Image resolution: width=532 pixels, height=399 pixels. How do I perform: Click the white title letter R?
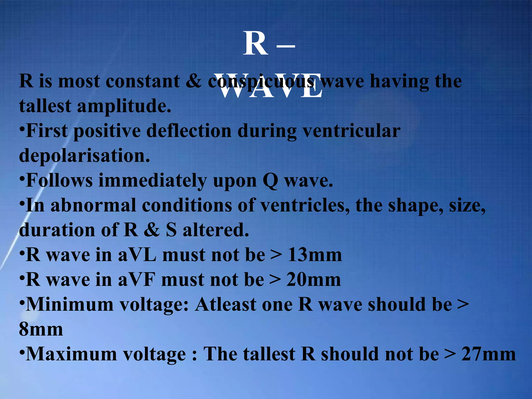[x=255, y=44]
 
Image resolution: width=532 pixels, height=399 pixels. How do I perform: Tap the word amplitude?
[x=124, y=107]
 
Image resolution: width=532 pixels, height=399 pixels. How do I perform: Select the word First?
[x=47, y=131]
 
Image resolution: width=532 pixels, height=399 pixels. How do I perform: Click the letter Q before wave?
[x=270, y=181]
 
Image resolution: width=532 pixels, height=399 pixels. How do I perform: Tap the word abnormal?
[x=93, y=205]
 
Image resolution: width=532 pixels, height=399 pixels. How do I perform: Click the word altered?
[x=216, y=230]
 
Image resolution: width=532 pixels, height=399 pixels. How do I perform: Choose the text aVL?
[x=137, y=255]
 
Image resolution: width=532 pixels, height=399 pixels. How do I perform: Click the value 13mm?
[x=315, y=255]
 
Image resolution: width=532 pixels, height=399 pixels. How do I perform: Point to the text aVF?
[x=137, y=280]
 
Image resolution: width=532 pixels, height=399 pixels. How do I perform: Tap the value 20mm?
[x=314, y=280]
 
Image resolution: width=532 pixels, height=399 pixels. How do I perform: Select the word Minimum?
[x=70, y=304]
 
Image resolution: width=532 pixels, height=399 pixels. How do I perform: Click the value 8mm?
[x=41, y=329]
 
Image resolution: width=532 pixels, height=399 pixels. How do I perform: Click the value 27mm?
[x=488, y=354]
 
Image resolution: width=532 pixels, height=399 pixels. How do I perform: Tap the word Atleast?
[x=226, y=304]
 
